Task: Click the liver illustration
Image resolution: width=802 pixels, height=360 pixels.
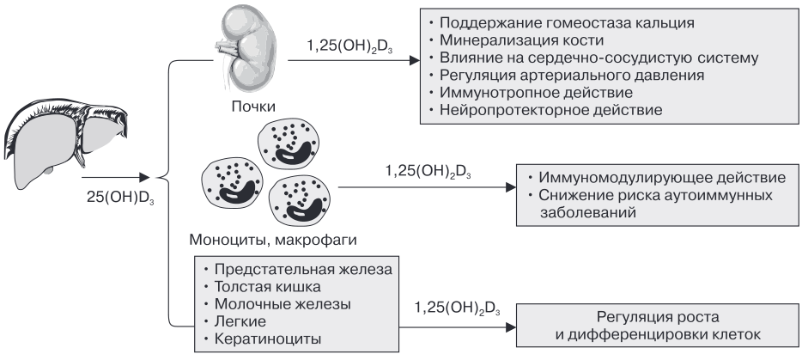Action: [x=66, y=136]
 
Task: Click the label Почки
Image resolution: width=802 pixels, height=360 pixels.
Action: [x=253, y=107]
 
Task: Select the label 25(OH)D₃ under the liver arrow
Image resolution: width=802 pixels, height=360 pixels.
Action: [x=121, y=198]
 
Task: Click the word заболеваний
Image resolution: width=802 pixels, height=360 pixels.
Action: [x=588, y=212]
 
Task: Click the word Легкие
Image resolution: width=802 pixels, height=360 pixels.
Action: [x=240, y=321]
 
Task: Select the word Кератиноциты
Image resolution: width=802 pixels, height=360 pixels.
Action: [x=268, y=339]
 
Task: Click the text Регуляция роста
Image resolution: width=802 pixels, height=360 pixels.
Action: [x=658, y=317]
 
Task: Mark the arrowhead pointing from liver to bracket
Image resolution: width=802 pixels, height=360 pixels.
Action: [x=145, y=178]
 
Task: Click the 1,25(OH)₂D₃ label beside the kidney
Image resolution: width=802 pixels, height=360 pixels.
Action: [x=349, y=46]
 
